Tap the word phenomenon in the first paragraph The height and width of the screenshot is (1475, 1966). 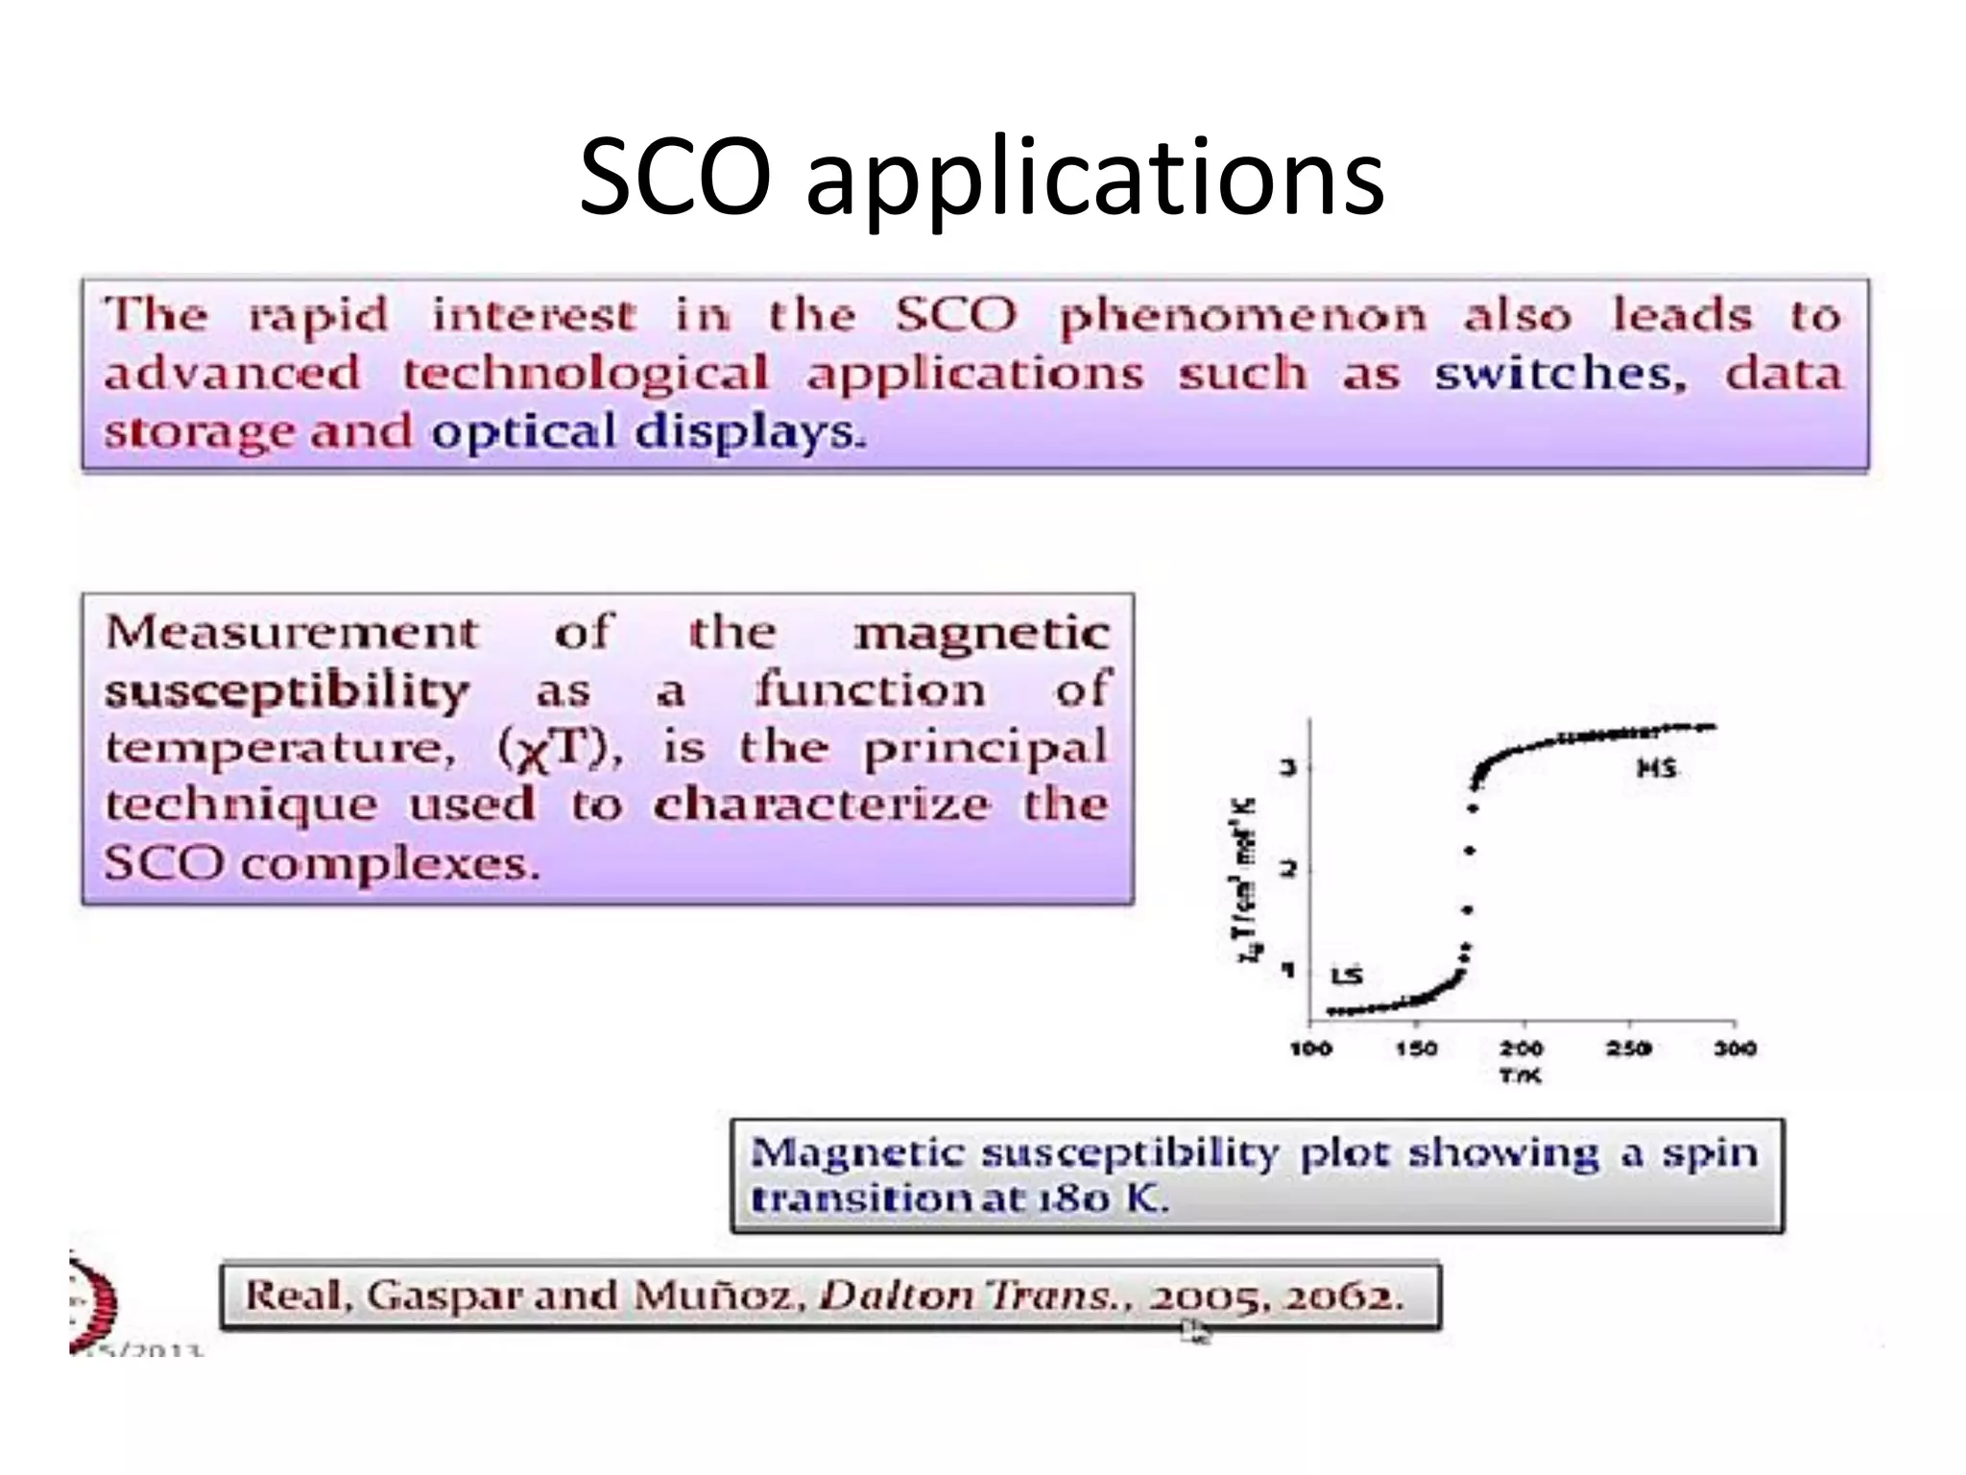pyautogui.click(x=1242, y=317)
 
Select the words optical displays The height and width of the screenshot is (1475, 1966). pyautogui.click(x=648, y=432)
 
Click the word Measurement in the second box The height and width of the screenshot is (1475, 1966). pyautogui.click(x=292, y=633)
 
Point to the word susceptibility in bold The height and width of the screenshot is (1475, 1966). pyautogui.click(x=286, y=691)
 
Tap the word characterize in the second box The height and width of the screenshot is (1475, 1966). pyautogui.click(x=822, y=805)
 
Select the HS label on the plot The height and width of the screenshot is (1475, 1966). pyautogui.click(x=1656, y=768)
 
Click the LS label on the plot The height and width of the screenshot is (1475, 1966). pyautogui.click(x=1347, y=976)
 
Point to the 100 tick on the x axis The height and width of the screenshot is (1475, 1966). pyautogui.click(x=1310, y=1048)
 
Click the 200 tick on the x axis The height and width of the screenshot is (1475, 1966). pyautogui.click(x=1522, y=1048)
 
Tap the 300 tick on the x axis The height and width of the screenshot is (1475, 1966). pyautogui.click(x=1735, y=1048)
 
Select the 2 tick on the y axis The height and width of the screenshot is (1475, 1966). pyautogui.click(x=1289, y=869)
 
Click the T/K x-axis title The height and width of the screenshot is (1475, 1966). pyautogui.click(x=1521, y=1076)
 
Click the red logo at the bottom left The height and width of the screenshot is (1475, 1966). pyautogui.click(x=96, y=1301)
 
